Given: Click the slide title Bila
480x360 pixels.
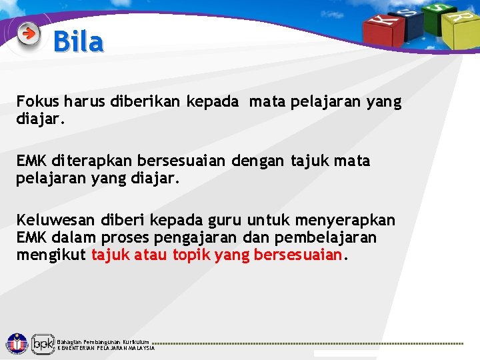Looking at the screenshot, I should pos(78,42).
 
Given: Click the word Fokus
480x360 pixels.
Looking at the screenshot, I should pos(38,102).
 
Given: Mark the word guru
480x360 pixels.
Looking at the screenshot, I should pos(223,220).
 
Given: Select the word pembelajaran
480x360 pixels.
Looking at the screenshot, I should pos(334,237).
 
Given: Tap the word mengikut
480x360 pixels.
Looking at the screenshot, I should pos(51,255).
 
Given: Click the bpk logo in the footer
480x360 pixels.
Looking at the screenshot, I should pos(43,344).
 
